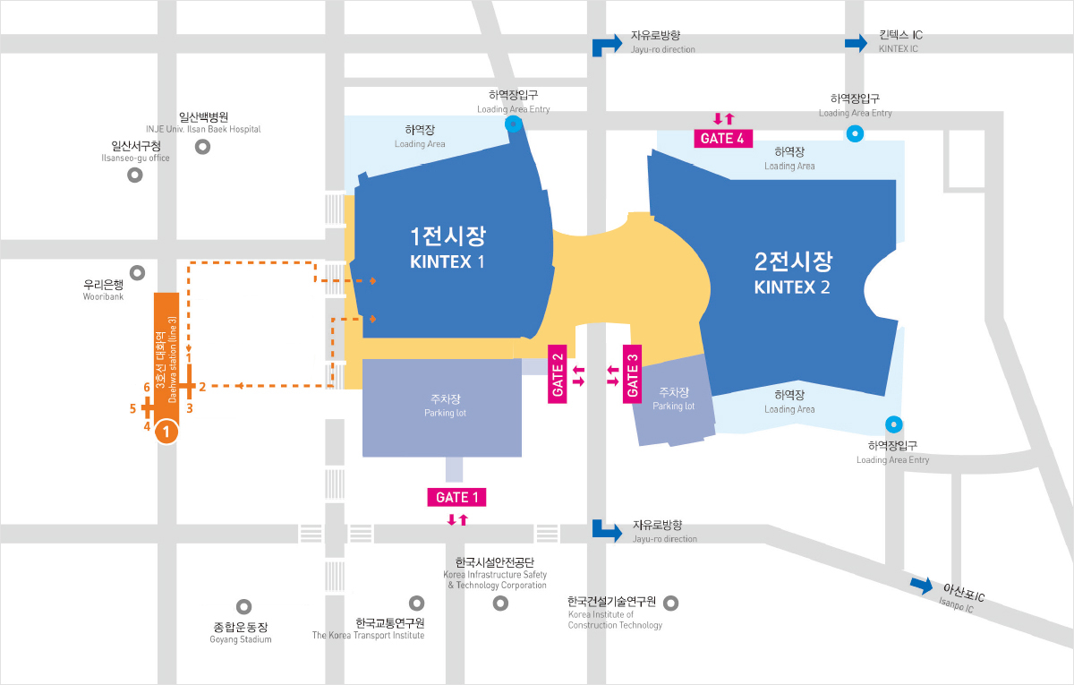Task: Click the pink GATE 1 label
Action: coord(456,497)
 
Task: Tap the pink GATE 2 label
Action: coord(558,373)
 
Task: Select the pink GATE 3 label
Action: coord(632,373)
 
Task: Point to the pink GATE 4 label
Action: coord(723,138)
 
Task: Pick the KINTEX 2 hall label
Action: coord(792,273)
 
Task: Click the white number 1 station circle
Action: coord(167,432)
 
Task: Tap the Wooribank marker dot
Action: coord(138,272)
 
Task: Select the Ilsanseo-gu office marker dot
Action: coord(135,176)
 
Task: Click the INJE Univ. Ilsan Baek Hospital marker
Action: coord(203,146)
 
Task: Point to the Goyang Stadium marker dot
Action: coord(243,607)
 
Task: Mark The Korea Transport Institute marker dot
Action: coord(416,604)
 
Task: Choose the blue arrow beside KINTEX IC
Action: coord(857,41)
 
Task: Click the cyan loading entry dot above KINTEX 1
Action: coord(514,124)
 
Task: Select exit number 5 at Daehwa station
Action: coord(132,408)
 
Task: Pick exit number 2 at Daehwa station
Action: coord(202,387)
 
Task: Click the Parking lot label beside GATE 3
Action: coord(673,398)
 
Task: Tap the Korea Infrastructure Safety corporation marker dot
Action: coord(499,604)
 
